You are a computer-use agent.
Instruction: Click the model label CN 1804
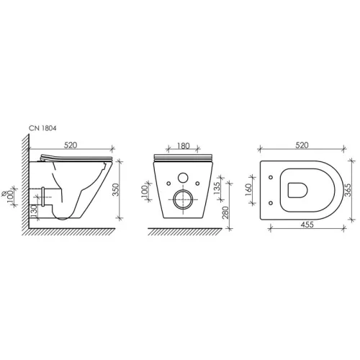[x=42, y=128]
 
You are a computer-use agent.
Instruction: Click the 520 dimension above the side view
[x=71, y=145]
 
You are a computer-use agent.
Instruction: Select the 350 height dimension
[x=116, y=189]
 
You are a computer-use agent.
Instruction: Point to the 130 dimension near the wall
[x=34, y=211]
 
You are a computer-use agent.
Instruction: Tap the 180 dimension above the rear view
[x=184, y=146]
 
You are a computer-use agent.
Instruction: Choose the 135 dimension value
[x=217, y=189]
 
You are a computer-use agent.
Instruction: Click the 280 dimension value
[x=225, y=212]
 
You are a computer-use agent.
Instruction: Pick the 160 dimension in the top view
[x=248, y=189]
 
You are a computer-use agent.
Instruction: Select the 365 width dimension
[x=348, y=190]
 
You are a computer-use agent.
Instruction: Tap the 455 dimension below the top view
[x=307, y=225]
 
